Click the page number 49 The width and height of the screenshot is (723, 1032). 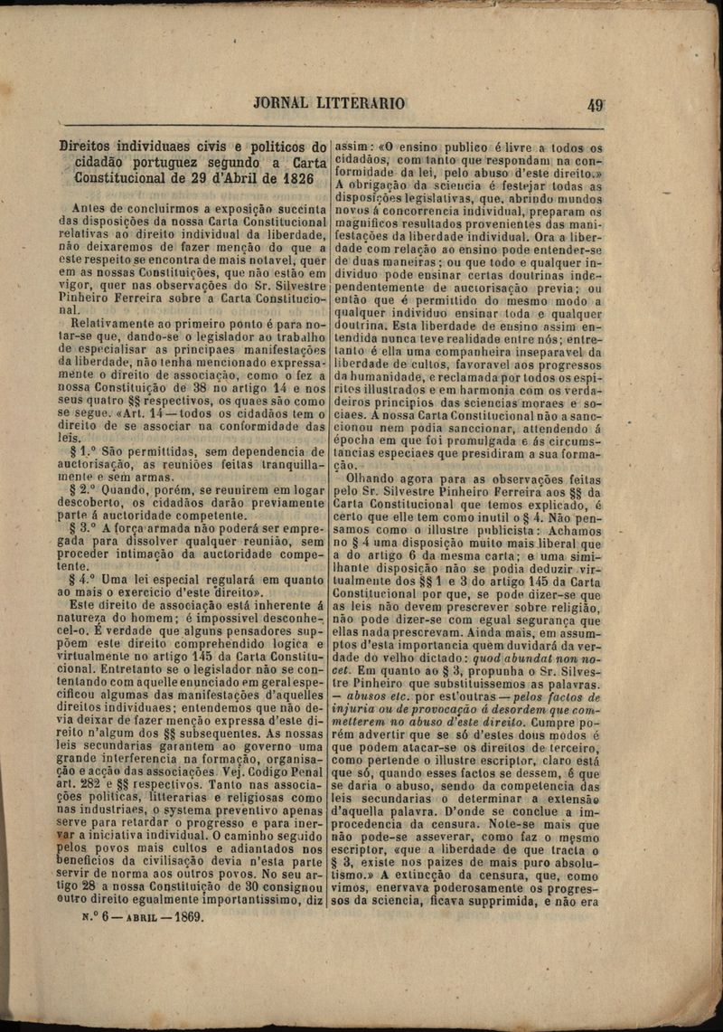(x=595, y=104)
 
